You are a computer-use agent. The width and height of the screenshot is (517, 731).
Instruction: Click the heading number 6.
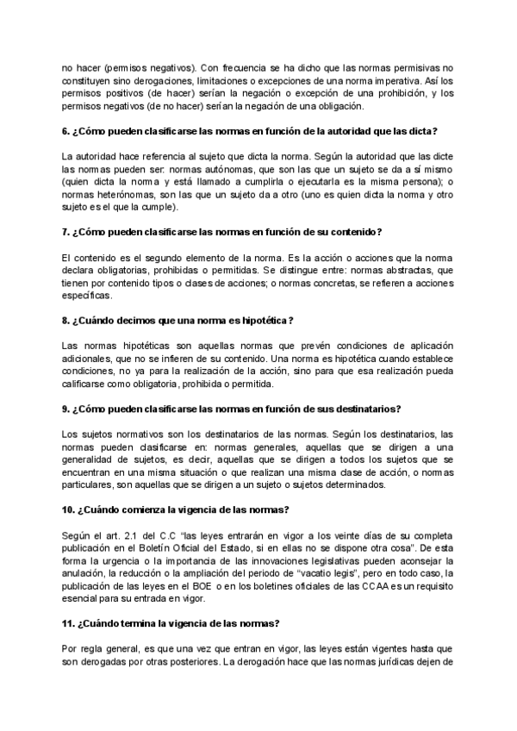point(66,131)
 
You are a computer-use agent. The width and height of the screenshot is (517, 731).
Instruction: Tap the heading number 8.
point(66,321)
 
